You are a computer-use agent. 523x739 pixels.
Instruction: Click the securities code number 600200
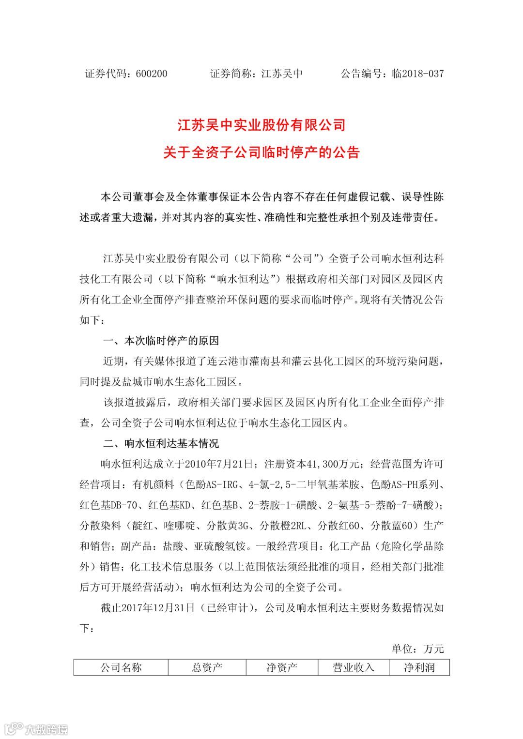152,74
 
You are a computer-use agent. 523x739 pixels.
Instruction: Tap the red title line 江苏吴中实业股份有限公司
261,125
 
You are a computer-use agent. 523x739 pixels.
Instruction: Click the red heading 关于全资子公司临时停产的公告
261,152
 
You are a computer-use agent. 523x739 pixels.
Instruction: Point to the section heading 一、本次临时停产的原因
161,341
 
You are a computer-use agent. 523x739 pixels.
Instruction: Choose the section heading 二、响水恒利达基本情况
161,443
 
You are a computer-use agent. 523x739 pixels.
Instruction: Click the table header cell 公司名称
121,668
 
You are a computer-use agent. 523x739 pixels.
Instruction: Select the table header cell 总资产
207,668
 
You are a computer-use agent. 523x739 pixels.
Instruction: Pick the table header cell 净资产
282,668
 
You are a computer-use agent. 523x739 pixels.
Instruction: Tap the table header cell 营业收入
354,668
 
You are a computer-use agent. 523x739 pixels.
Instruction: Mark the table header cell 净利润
419,668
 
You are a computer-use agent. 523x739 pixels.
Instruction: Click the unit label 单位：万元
417,649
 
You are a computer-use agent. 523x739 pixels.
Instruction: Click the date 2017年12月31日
157,608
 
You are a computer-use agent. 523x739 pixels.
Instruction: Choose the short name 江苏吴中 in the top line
282,74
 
